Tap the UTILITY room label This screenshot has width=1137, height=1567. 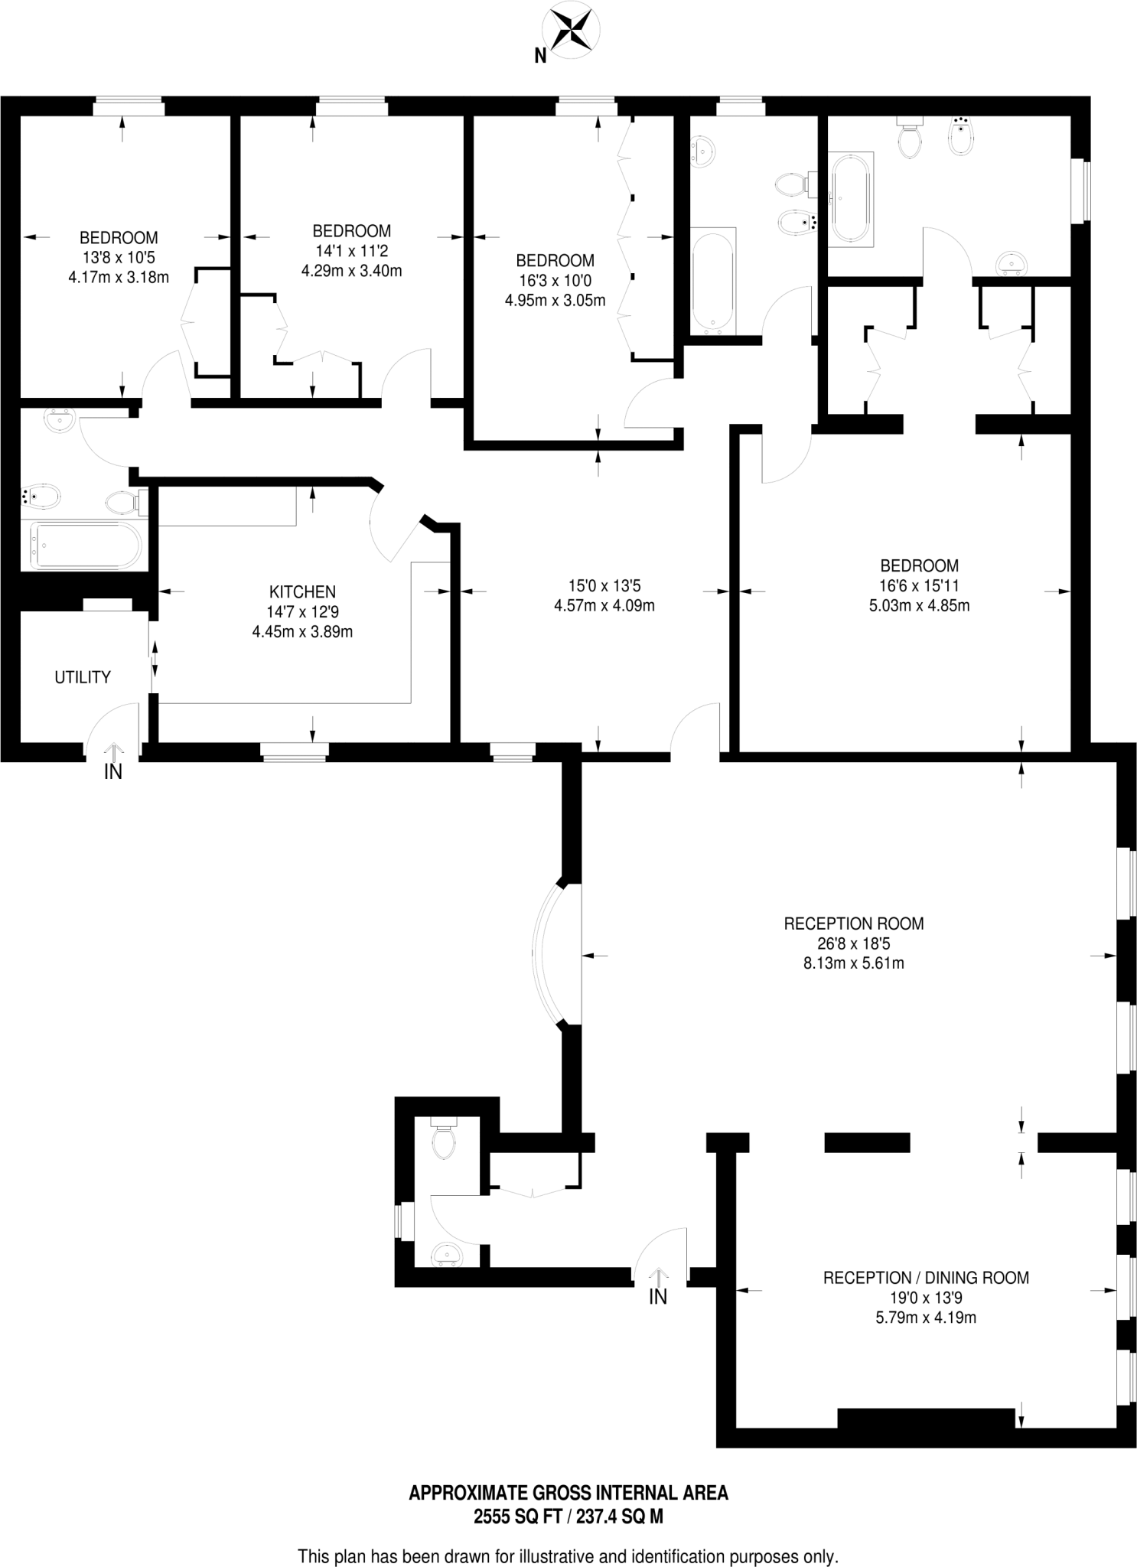tap(83, 677)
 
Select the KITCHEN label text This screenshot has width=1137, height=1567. tap(302, 591)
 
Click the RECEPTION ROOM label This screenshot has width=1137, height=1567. tap(853, 924)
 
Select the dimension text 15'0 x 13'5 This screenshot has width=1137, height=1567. tap(604, 586)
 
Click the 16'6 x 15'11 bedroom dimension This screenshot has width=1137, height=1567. tap(919, 586)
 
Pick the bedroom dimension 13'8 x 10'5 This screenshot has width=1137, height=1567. tap(119, 258)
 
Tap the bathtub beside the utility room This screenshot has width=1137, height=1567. tap(86, 546)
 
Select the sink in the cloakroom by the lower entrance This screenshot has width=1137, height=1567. tap(447, 1255)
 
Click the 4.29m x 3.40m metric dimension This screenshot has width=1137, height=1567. tap(351, 271)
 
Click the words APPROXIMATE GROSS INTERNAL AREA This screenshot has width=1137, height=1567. tap(568, 1493)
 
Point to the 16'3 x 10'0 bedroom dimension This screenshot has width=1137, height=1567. tap(555, 281)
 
